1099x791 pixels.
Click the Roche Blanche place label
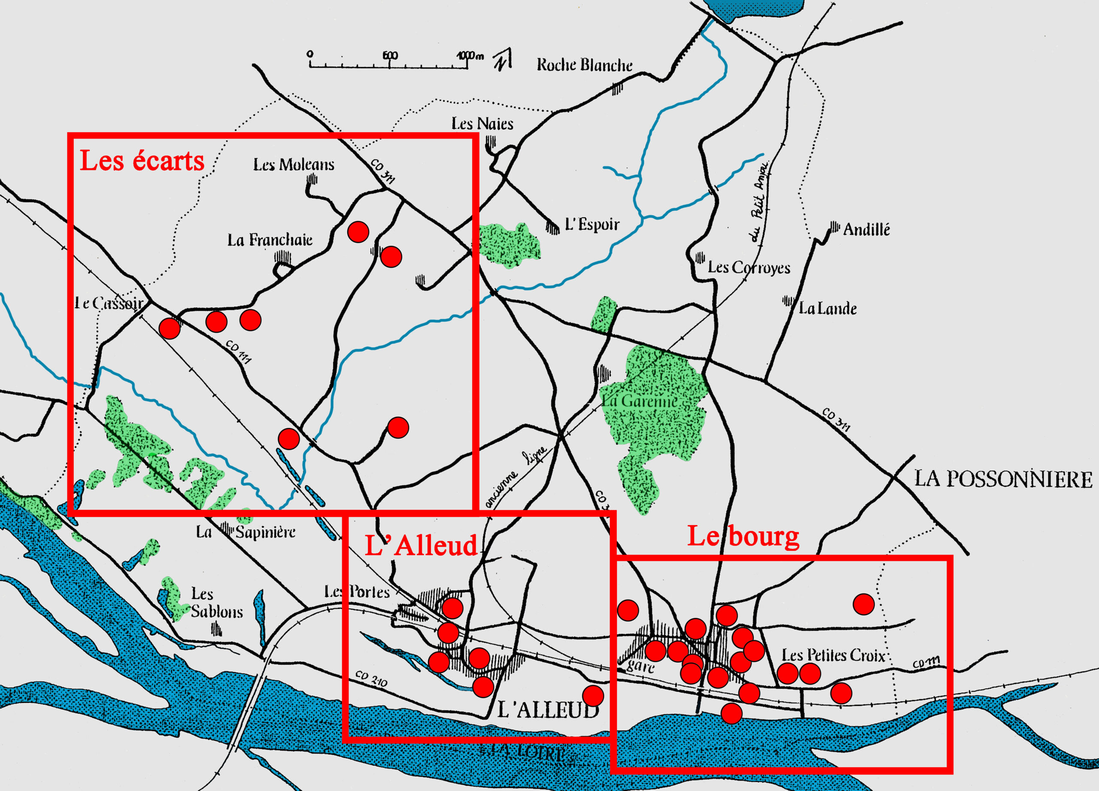coord(584,65)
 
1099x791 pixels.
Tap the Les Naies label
coord(482,124)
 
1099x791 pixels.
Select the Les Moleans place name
coord(294,165)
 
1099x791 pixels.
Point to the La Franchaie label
coord(270,240)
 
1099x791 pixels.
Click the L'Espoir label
coord(592,225)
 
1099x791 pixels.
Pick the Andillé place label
coord(866,229)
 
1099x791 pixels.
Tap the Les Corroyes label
coord(749,267)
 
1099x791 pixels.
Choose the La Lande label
coord(828,308)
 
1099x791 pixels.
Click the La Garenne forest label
coord(640,401)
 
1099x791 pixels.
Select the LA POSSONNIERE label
coord(1003,479)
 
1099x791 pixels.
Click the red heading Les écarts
coord(142,161)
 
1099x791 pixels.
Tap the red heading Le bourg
coord(743,536)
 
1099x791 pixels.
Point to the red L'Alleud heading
coord(421,545)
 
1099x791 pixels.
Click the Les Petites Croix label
coord(833,655)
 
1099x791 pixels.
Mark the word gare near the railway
coord(640,666)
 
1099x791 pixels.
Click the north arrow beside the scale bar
coord(503,60)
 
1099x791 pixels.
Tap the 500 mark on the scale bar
coord(390,55)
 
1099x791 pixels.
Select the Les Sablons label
coord(216,602)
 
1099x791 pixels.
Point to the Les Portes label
coord(357,592)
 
